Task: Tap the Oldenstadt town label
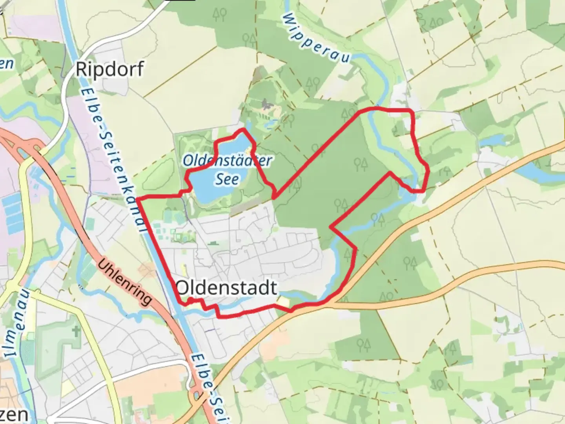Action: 227,288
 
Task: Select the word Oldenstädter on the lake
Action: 227,161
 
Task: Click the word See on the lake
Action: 227,179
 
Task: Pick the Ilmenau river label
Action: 18,322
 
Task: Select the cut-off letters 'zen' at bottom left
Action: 14,415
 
